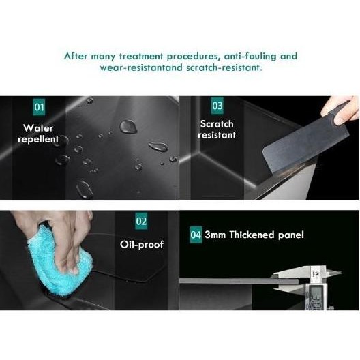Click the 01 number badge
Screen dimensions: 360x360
pyautogui.click(x=39, y=108)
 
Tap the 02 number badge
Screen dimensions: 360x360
pyautogui.click(x=141, y=221)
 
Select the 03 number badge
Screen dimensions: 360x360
pyautogui.click(x=217, y=106)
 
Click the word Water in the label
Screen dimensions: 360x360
pyautogui.click(x=38, y=127)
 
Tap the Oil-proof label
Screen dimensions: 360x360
pyautogui.click(x=142, y=243)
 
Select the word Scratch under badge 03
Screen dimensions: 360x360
pyautogui.click(x=217, y=123)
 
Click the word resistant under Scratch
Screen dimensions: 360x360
pyautogui.click(x=217, y=135)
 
